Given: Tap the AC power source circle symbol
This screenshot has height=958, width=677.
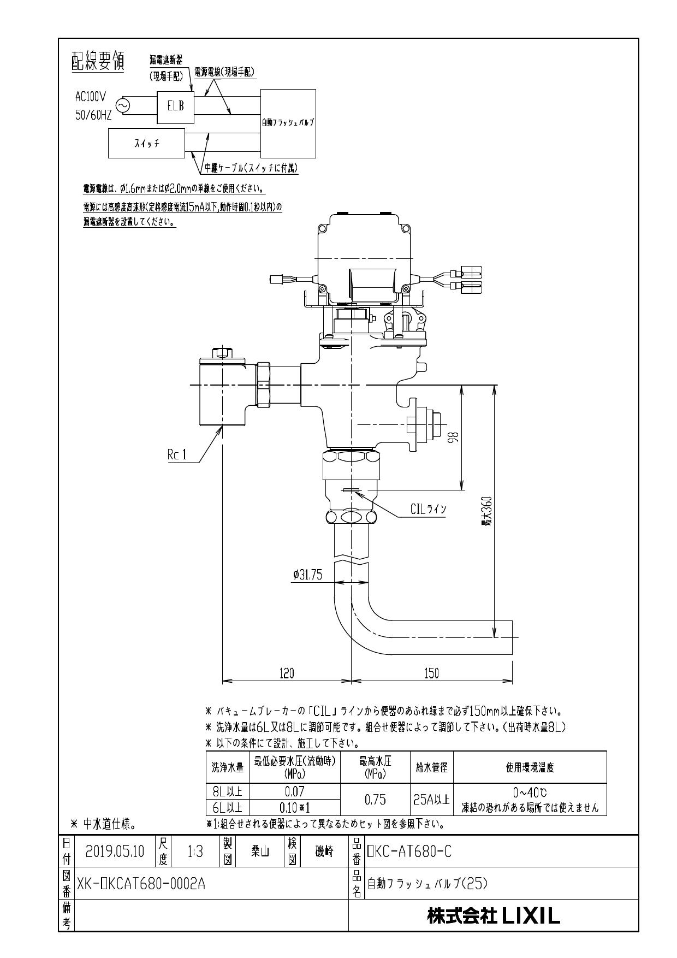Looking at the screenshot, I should [x=123, y=106].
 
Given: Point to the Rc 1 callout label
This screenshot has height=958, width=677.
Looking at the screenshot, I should [x=177, y=456].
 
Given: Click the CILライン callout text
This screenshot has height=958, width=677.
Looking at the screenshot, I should [x=428, y=510].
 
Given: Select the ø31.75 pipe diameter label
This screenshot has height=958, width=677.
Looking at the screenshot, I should [x=307, y=574].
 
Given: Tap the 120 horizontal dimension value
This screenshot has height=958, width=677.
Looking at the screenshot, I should [x=286, y=673].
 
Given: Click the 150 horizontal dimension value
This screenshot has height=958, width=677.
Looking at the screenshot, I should [x=431, y=673].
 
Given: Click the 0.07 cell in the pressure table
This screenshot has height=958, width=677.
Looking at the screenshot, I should [x=294, y=791].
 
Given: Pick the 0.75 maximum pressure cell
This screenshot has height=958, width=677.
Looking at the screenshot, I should [x=375, y=799].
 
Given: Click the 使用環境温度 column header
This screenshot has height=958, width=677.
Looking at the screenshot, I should [x=530, y=767].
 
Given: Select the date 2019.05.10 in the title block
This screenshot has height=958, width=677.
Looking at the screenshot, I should [x=115, y=851].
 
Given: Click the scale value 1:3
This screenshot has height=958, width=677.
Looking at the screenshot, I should [x=195, y=851].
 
